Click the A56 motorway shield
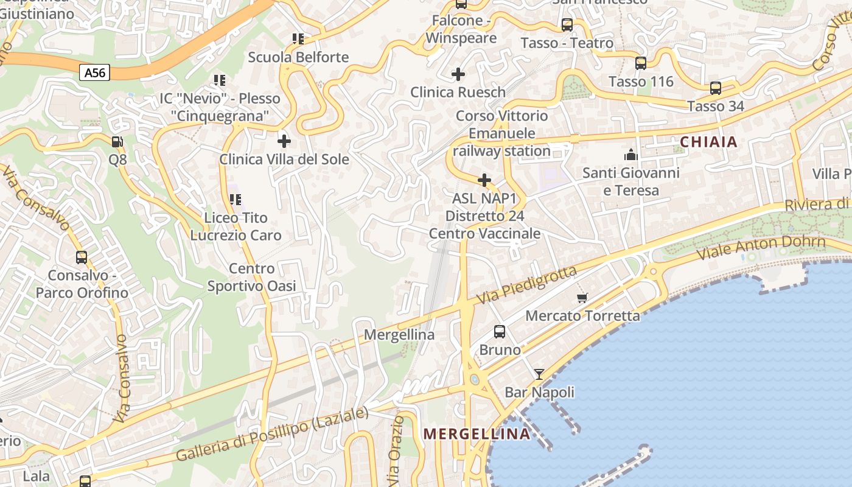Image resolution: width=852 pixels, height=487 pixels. pos(95,73)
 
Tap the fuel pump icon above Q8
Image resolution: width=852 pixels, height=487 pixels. pos(117,142)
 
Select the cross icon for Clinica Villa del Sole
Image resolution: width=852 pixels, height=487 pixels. pos(284,141)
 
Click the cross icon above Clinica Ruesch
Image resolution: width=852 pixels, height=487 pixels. pos(458,74)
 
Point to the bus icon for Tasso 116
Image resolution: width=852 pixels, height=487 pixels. pos(641,63)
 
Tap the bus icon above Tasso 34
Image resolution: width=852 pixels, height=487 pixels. pos(716,88)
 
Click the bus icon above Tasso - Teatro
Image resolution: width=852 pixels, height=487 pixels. pos(567,25)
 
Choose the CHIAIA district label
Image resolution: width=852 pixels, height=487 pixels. pos(708,142)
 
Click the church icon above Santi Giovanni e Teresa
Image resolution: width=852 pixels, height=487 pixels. pos(631,155)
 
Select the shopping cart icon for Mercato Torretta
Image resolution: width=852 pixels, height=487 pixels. pos(582,298)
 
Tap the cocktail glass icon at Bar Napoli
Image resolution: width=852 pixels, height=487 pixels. pos(539,374)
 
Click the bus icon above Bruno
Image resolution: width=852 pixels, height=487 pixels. pos(500,332)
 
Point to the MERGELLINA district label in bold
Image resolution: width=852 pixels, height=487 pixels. pos(477,434)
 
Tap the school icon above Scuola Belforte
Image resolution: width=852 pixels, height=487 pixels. pos(298,39)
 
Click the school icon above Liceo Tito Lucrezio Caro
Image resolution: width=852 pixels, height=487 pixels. pos(235,199)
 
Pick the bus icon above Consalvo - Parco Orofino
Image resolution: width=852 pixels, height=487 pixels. pos(82,258)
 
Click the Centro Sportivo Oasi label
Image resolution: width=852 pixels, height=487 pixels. pos(252,277)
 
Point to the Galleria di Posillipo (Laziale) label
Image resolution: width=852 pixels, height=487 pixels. pos(272,434)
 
